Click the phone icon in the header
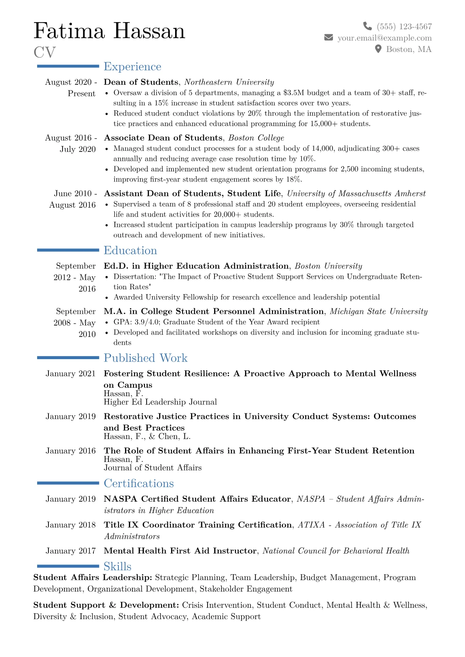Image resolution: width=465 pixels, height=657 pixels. click(x=367, y=26)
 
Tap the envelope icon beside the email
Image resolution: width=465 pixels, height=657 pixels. click(x=329, y=37)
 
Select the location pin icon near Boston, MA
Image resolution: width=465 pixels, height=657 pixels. click(x=378, y=49)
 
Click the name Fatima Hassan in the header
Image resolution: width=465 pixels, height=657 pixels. click(x=109, y=31)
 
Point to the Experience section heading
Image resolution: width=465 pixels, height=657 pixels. click(x=132, y=67)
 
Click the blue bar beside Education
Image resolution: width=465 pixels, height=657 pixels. click(x=68, y=250)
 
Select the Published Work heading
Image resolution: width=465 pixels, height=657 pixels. click(x=145, y=358)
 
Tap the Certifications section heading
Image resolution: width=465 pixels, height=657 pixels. click(x=138, y=483)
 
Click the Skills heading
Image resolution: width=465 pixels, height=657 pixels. click(x=117, y=566)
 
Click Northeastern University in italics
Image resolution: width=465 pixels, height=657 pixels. click(x=229, y=82)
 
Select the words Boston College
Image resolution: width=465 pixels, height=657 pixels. click(x=256, y=138)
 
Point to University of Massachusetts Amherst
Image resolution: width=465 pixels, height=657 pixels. click(x=356, y=194)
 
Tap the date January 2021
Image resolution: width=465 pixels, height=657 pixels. click(x=70, y=374)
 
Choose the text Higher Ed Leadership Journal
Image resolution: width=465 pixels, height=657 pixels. click(x=160, y=402)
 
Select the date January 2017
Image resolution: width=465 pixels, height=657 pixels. click(x=70, y=551)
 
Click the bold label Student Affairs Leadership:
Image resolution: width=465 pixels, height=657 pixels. click(x=93, y=577)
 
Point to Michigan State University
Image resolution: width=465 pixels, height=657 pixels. click(x=378, y=312)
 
